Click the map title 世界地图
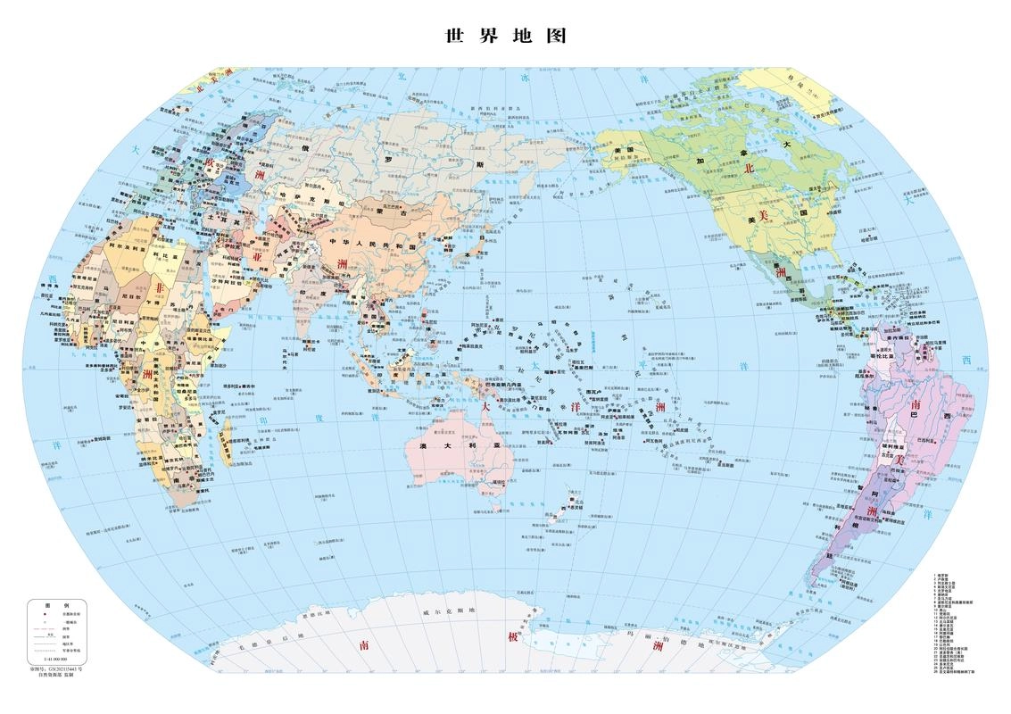tap(505, 37)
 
